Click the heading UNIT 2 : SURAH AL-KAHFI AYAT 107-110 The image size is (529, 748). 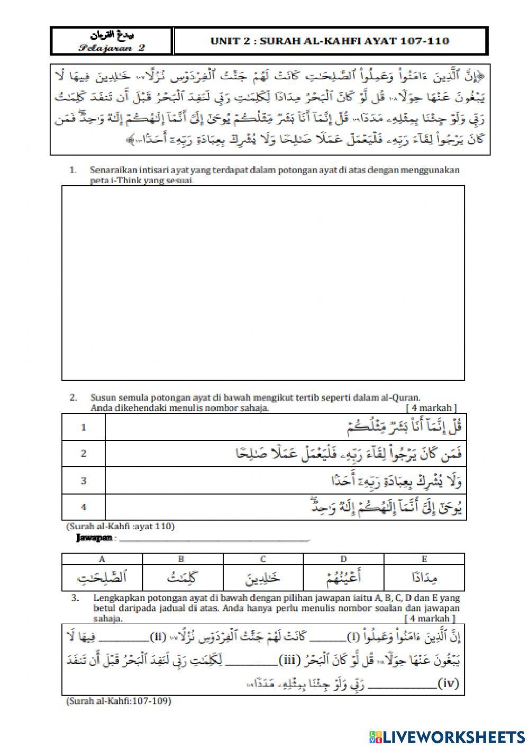pyautogui.click(x=330, y=41)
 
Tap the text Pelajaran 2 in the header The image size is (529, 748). pyautogui.click(x=112, y=48)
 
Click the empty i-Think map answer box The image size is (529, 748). pyautogui.click(x=263, y=283)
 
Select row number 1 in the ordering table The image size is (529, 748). pyautogui.click(x=84, y=428)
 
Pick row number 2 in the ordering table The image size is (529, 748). pyautogui.click(x=84, y=454)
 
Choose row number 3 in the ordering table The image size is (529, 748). pyautogui.click(x=84, y=481)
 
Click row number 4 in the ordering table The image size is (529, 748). pyautogui.click(x=84, y=507)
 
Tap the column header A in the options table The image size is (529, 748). pyautogui.click(x=102, y=559)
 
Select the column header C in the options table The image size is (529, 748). pyautogui.click(x=263, y=559)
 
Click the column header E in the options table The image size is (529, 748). pyautogui.click(x=424, y=559)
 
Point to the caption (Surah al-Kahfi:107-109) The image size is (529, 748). pyautogui.click(x=119, y=701)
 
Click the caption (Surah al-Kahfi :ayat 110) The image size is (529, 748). pyautogui.click(x=120, y=526)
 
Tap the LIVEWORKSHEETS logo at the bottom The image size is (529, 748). pyautogui.click(x=447, y=736)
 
